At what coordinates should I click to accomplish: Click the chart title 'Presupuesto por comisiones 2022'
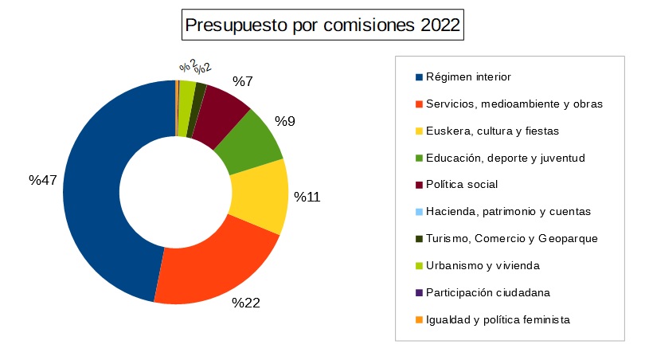click(322, 25)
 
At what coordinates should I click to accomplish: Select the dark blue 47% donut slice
click(92, 191)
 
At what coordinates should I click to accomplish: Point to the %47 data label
click(43, 180)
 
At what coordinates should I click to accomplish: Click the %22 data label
click(246, 303)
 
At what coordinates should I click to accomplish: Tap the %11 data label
click(307, 197)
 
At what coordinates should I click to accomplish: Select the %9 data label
click(285, 121)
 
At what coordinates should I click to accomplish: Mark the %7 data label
click(242, 81)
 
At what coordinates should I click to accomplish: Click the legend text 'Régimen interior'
click(468, 77)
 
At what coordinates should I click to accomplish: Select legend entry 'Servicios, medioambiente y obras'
click(514, 104)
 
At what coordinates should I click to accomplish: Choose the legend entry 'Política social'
click(462, 185)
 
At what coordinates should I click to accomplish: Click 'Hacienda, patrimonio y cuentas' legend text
click(508, 212)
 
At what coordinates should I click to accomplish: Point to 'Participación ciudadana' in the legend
click(488, 292)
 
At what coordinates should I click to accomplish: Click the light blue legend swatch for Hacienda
click(419, 212)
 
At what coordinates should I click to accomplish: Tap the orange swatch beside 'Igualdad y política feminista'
click(419, 319)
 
